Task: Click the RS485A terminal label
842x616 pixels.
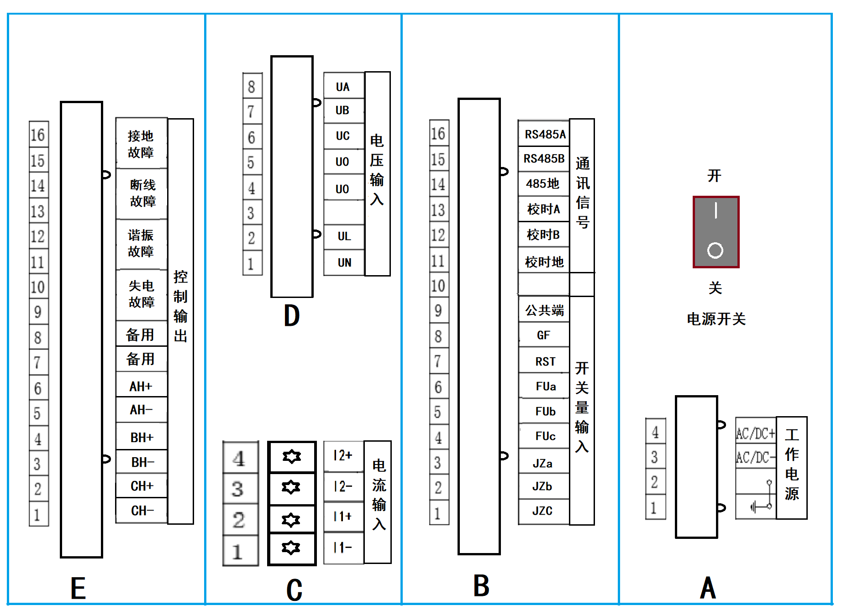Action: coord(544,134)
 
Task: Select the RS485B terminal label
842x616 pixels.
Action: coord(544,159)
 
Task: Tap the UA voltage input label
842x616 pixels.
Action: coord(343,87)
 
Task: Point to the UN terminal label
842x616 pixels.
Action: coord(344,262)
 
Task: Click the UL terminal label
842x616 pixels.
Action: coord(344,236)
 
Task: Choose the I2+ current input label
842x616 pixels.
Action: coord(343,455)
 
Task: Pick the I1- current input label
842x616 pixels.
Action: coord(343,547)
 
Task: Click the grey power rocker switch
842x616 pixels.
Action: coord(716,232)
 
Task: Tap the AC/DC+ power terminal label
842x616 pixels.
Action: coord(756,433)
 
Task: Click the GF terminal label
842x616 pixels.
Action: coord(543,335)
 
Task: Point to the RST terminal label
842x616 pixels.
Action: coord(545,361)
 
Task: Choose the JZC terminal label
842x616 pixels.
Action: coord(542,511)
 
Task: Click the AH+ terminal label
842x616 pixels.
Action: coord(141,386)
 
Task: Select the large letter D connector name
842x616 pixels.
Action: coord(292,316)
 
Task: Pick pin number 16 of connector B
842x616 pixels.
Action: coord(438,133)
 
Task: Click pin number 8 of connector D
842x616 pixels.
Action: coord(252,86)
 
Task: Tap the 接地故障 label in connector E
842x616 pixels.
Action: coord(141,144)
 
